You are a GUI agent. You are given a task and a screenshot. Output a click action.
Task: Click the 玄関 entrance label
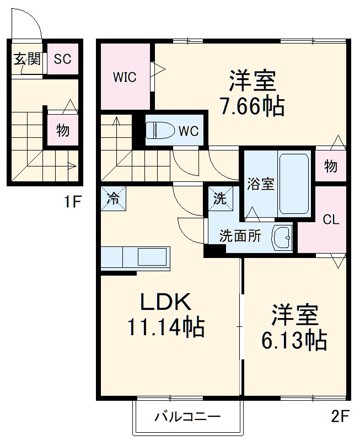(x=26, y=59)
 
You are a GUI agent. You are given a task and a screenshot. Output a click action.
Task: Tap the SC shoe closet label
(x=62, y=59)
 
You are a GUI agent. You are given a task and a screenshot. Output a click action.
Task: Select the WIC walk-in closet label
(x=125, y=77)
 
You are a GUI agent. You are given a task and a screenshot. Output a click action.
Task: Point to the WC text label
(x=187, y=131)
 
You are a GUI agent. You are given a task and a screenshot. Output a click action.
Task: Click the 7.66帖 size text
(x=252, y=106)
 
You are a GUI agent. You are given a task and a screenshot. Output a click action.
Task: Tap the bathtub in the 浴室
(x=293, y=184)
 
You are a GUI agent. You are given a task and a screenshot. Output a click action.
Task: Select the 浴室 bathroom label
(x=260, y=184)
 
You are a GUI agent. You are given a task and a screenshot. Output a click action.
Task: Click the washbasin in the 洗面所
(x=282, y=238)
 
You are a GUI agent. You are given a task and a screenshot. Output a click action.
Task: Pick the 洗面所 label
(x=240, y=236)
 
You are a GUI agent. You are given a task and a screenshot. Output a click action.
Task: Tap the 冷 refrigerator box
(x=113, y=198)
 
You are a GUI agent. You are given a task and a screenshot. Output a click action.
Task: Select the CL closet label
(x=331, y=219)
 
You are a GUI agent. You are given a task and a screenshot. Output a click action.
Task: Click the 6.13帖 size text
(x=294, y=341)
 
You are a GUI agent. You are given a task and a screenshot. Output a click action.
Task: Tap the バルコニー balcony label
(x=187, y=417)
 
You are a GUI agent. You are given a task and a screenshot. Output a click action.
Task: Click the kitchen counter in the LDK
(x=136, y=257)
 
